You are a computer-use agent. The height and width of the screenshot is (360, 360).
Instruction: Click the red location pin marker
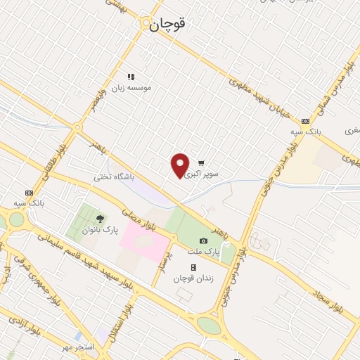click(180, 165)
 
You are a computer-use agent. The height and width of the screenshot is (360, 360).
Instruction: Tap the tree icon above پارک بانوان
click(101, 219)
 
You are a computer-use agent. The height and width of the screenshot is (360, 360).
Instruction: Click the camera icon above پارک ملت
click(203, 240)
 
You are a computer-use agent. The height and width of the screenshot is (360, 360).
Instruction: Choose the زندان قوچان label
click(193, 278)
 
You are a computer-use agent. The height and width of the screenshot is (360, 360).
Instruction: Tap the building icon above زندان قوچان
click(193, 267)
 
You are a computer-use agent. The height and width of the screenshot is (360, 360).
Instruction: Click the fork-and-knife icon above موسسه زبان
click(130, 77)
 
